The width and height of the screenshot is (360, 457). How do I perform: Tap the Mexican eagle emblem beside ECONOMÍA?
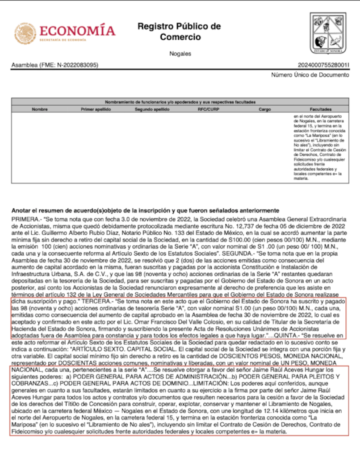[x=25, y=33]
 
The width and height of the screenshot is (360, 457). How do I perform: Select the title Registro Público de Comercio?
[x=180, y=31]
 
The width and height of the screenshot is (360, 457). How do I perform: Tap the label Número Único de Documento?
[x=310, y=75]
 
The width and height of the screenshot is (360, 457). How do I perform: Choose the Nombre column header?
[x=40, y=109]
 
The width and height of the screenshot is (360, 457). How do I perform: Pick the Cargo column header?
[x=264, y=109]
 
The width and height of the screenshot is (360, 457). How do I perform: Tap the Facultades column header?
[x=320, y=109]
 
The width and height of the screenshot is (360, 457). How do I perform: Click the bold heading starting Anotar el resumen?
[x=145, y=210]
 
